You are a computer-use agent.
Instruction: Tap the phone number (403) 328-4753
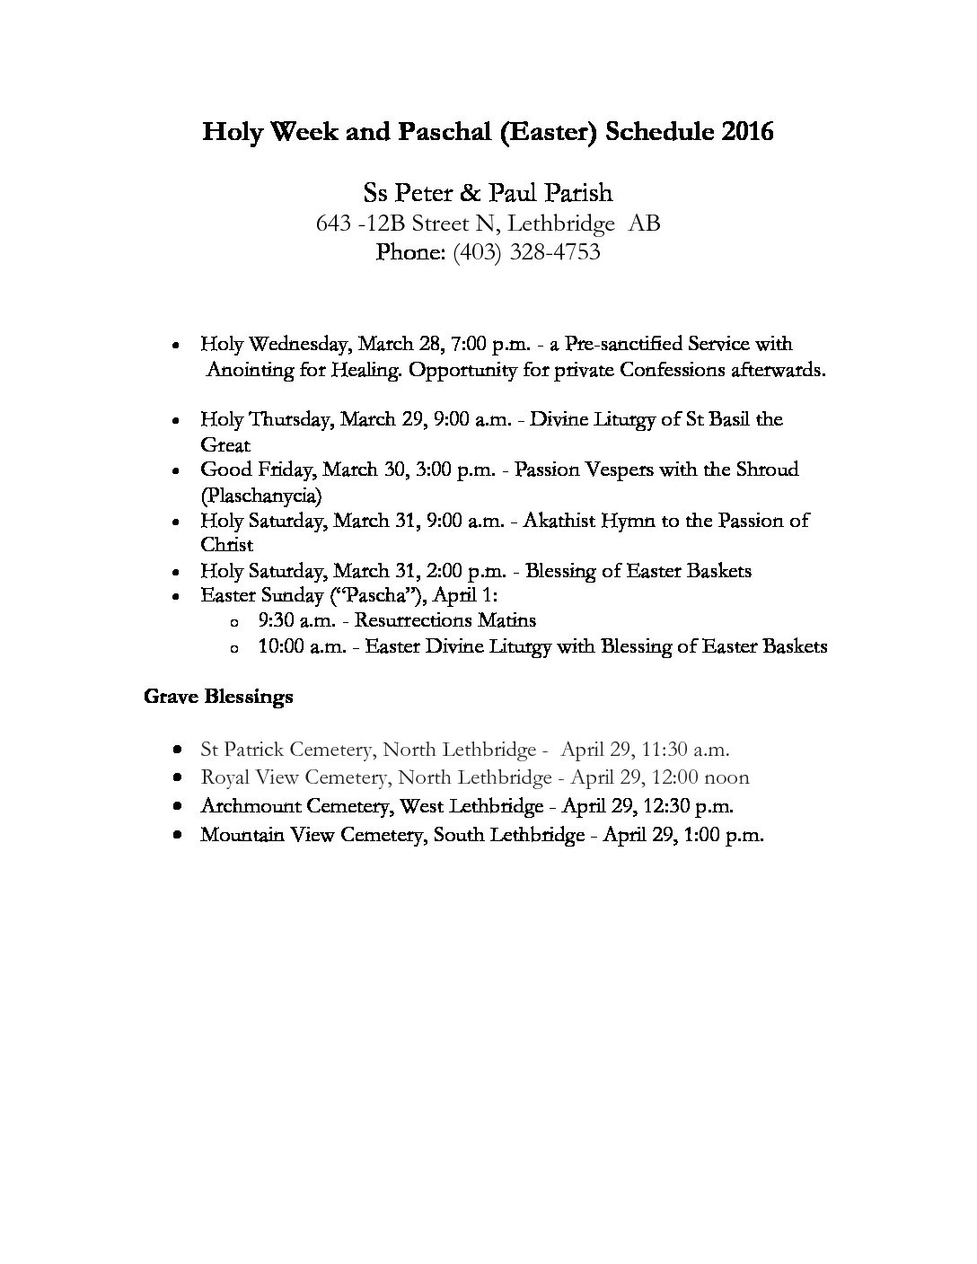pyautogui.click(x=526, y=252)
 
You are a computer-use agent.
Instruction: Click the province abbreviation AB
pyautogui.click(x=644, y=223)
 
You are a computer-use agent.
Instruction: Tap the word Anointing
pyautogui.click(x=251, y=370)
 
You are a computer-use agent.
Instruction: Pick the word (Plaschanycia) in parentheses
pyautogui.click(x=260, y=495)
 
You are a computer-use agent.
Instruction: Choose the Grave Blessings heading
pyautogui.click(x=218, y=697)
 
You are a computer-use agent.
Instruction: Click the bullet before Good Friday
pyautogui.click(x=180, y=470)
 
